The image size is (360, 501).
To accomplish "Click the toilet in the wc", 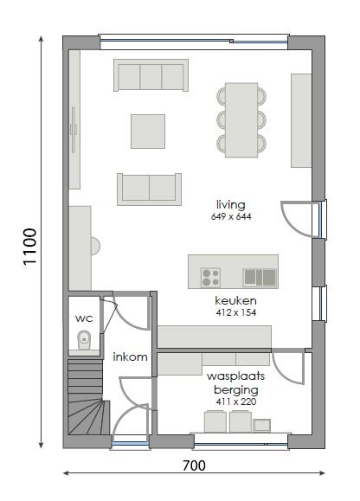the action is pyautogui.click(x=84, y=340).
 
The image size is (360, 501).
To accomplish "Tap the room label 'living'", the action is pyautogui.click(x=231, y=204).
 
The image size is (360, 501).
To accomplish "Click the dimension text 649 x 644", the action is pyautogui.click(x=231, y=216).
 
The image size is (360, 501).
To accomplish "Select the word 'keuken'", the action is pyautogui.click(x=235, y=300).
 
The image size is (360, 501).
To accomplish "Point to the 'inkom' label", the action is pyautogui.click(x=130, y=356).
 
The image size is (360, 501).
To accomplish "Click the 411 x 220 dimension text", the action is pyautogui.click(x=235, y=401).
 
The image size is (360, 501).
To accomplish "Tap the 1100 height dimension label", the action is pyautogui.click(x=29, y=247).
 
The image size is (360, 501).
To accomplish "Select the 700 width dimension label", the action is pyautogui.click(x=194, y=466).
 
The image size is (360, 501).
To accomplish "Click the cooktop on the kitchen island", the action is pyautogui.click(x=210, y=277).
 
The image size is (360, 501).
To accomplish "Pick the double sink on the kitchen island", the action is pyautogui.click(x=260, y=277).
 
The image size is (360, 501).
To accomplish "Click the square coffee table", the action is pyautogui.click(x=148, y=132).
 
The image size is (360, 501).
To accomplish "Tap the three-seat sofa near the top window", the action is pyautogui.click(x=151, y=75).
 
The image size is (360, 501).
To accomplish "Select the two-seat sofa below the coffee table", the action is pyautogui.click(x=149, y=189).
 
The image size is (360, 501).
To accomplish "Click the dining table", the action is pyautogui.click(x=241, y=120).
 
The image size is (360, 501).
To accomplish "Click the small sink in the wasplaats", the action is pyautogui.click(x=262, y=426).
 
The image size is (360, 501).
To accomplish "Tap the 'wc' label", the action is pyautogui.click(x=84, y=318).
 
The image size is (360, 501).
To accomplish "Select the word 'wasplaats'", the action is pyautogui.click(x=235, y=376).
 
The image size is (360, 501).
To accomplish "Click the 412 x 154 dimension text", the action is pyautogui.click(x=235, y=312).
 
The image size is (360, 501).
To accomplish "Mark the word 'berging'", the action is pyautogui.click(x=235, y=390).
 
